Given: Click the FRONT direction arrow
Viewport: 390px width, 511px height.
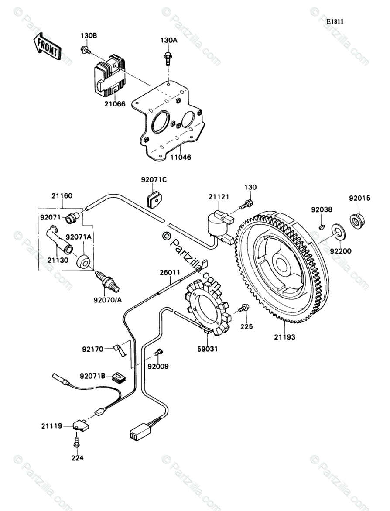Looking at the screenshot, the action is [x=47, y=46].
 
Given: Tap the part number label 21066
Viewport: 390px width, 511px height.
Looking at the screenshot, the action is [x=115, y=104].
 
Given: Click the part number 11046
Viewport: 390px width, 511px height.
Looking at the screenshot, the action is [x=181, y=157].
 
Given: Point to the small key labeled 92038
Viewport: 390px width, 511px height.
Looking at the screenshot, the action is [x=322, y=225].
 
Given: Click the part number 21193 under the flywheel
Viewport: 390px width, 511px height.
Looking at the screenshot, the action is [x=284, y=336].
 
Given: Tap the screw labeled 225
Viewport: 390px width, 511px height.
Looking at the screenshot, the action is [x=244, y=307].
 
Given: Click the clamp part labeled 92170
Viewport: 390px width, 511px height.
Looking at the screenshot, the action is [x=119, y=351].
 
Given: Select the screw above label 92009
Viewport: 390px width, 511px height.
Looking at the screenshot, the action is [x=159, y=352].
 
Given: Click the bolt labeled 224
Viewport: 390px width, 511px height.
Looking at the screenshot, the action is [x=77, y=442].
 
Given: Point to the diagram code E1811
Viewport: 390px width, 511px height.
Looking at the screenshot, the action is [x=335, y=21].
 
